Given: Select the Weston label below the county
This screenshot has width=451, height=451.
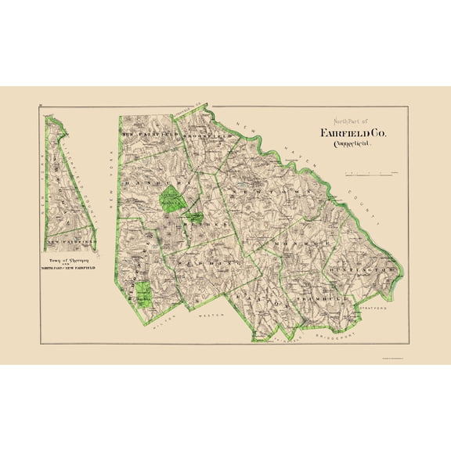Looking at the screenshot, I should (214, 316).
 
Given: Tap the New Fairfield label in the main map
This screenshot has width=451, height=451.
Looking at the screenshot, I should (149, 136).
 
